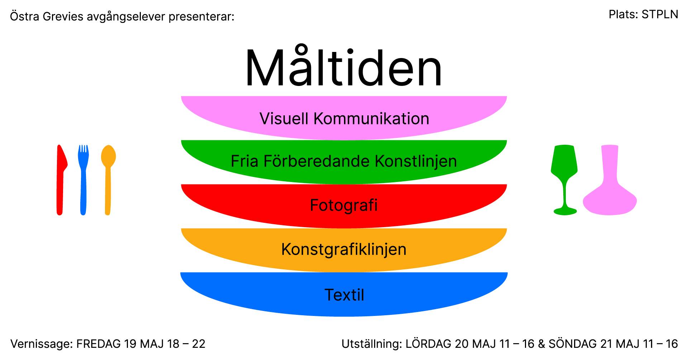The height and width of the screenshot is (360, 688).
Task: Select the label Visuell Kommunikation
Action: tap(344, 119)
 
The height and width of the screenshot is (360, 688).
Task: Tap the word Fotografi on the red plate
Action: tap(344, 205)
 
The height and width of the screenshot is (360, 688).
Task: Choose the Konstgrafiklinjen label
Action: tap(344, 249)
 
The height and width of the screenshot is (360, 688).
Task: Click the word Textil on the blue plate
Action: tap(344, 295)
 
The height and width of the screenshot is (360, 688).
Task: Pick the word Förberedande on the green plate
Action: tap(317, 161)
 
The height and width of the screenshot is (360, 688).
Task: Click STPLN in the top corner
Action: tap(660, 14)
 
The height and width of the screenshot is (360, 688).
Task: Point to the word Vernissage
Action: tap(42, 344)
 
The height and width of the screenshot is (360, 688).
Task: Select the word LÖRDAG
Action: tap(428, 344)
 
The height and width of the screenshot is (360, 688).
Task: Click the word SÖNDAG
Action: tap(572, 344)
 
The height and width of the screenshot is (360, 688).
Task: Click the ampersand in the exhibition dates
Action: tap(541, 344)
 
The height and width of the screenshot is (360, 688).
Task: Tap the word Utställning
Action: tap(372, 344)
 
